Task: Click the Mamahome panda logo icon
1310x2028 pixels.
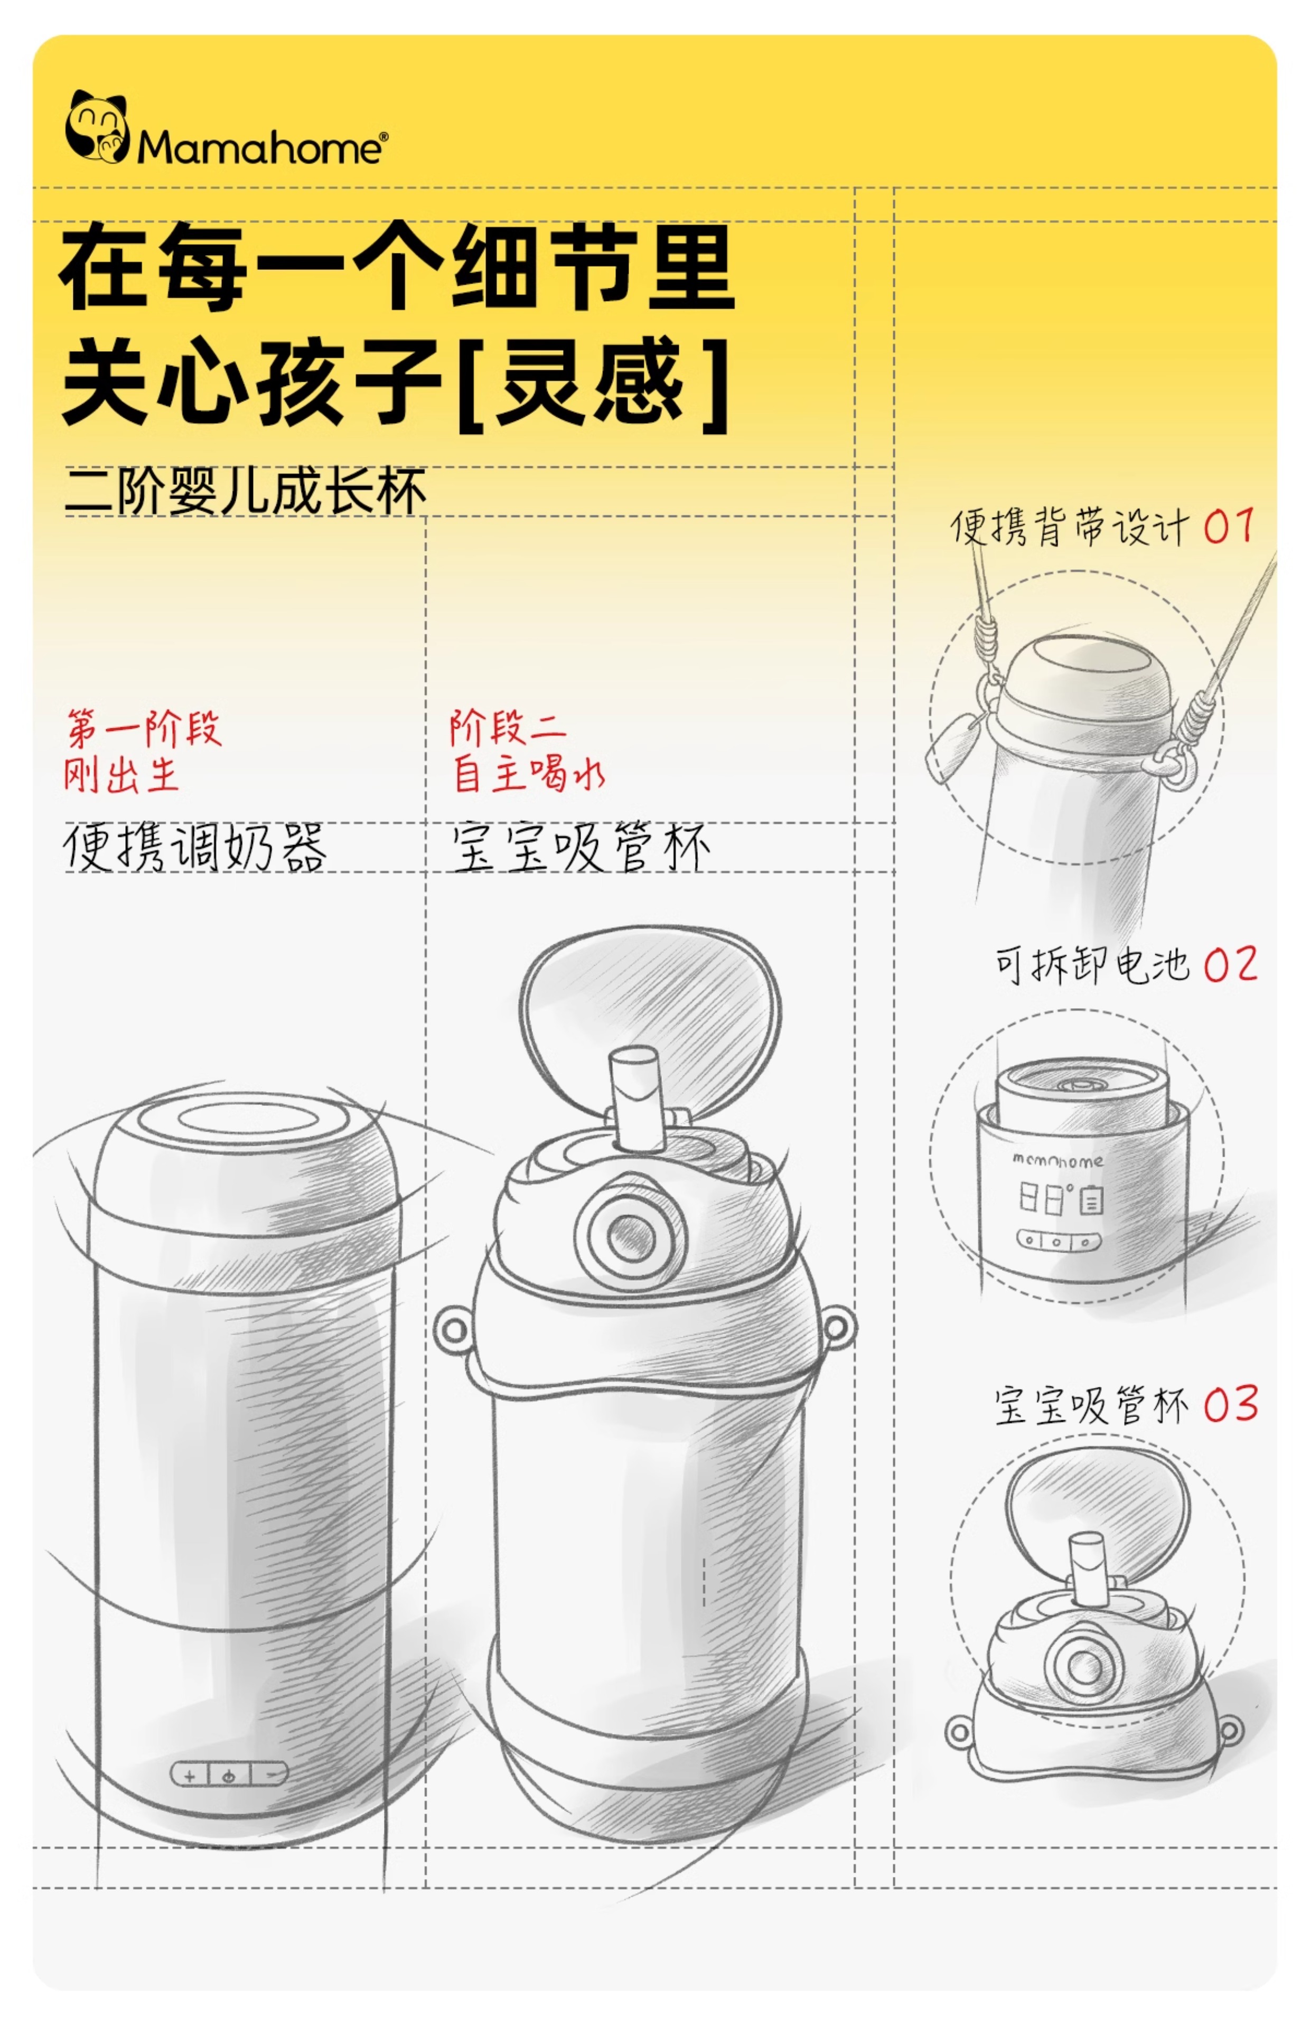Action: click(x=96, y=128)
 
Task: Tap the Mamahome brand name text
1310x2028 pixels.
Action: click(x=261, y=148)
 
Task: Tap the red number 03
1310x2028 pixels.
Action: click(x=1230, y=1404)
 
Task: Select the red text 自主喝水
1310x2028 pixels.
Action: click(x=527, y=774)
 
